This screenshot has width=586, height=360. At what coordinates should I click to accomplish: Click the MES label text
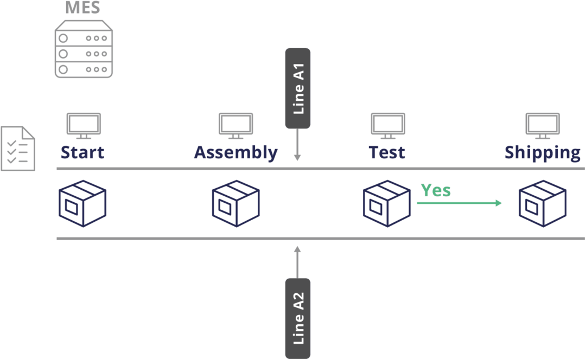tap(82, 8)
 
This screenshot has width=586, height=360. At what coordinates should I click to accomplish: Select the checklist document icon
tap(18, 148)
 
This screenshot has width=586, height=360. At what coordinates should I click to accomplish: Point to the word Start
tap(82, 152)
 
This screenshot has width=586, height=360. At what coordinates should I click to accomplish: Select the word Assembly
tap(235, 153)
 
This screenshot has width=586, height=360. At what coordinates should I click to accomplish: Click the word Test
tap(387, 152)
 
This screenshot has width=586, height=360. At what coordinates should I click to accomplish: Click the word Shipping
tap(542, 153)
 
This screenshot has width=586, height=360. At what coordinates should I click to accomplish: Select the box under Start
tap(82, 203)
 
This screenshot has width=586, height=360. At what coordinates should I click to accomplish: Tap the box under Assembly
tap(235, 203)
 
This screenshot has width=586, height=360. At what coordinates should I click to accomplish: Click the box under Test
tap(386, 203)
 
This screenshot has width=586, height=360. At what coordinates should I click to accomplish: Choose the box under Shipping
tap(542, 203)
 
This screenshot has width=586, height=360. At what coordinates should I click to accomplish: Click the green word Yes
tap(436, 190)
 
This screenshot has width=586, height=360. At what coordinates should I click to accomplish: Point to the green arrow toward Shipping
tap(459, 203)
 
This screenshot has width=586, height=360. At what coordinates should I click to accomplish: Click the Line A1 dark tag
tap(297, 88)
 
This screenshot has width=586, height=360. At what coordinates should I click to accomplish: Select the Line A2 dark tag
tap(297, 318)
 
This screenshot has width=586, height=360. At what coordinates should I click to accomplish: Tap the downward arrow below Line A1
tap(297, 146)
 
